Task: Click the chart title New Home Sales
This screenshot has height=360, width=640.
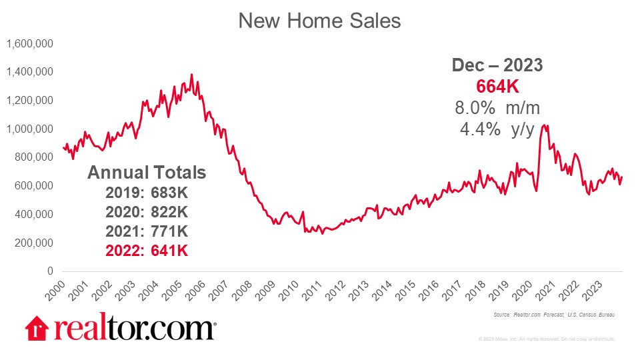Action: coord(319,21)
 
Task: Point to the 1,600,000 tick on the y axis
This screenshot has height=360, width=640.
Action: coord(29,43)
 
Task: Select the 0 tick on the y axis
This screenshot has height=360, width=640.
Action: coord(49,271)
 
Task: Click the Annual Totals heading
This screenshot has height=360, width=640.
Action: coord(147,173)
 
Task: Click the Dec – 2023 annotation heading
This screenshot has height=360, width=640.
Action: coord(497,65)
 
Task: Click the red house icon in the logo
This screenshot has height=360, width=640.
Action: coord(37,328)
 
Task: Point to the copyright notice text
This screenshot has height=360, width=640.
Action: coord(546,339)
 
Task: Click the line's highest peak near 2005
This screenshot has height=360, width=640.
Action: coord(191,75)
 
